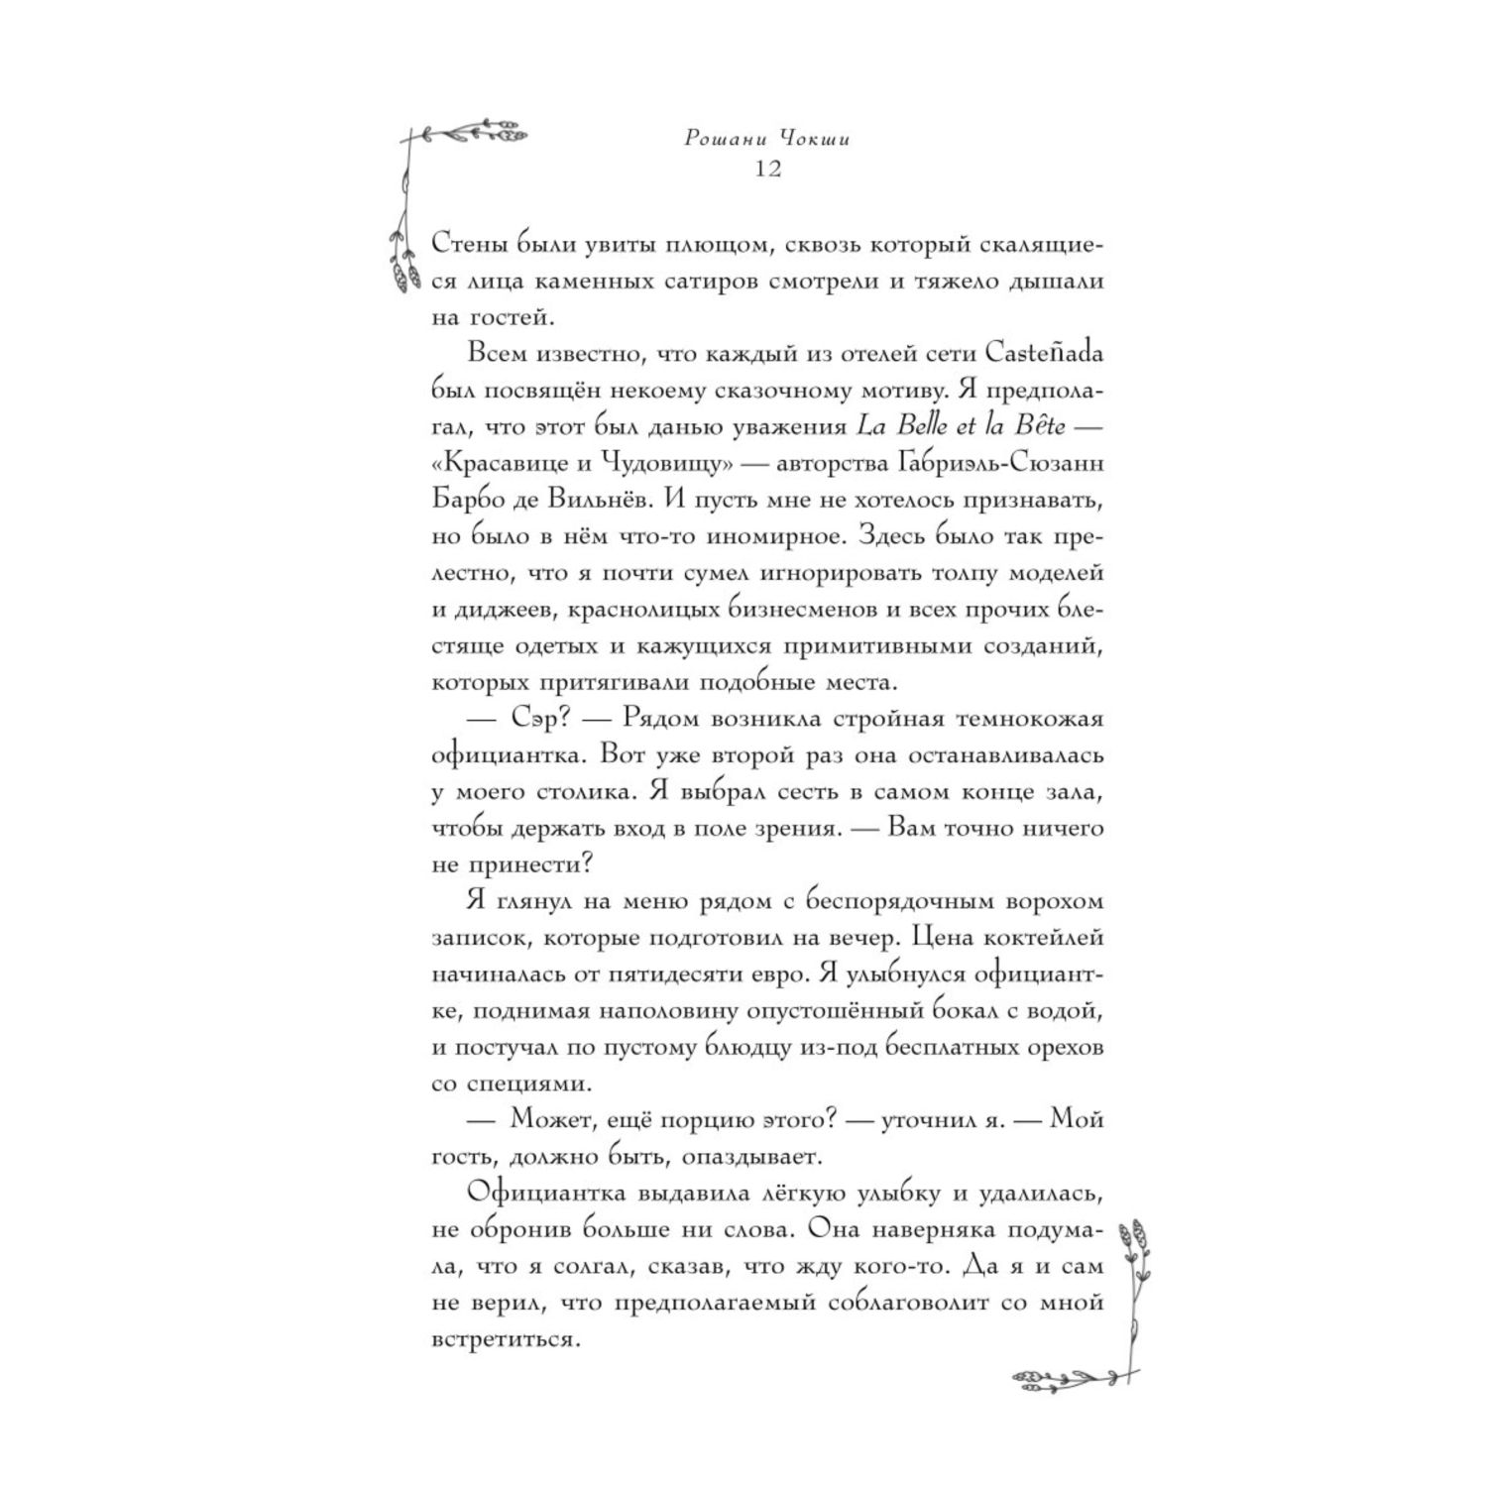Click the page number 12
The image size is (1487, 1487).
[767, 169]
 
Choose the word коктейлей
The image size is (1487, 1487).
[1037, 937]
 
